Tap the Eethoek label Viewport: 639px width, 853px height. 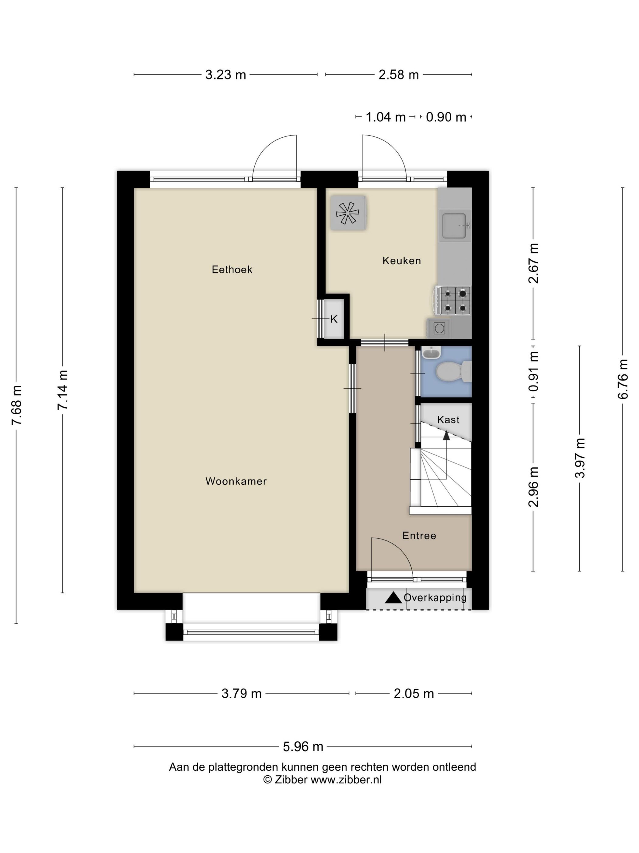click(x=232, y=269)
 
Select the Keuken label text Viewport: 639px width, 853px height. click(x=401, y=261)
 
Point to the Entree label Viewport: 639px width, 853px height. click(x=419, y=535)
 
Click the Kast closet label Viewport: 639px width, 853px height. click(x=448, y=419)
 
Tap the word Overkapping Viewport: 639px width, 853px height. click(x=435, y=598)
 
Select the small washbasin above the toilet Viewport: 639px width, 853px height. click(x=431, y=352)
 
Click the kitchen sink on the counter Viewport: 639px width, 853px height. click(x=455, y=226)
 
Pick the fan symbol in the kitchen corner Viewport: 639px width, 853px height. click(x=347, y=213)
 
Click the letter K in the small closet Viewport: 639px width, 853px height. click(x=334, y=319)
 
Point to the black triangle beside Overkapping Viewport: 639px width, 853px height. click(x=393, y=597)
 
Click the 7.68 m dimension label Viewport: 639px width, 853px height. click(x=16, y=405)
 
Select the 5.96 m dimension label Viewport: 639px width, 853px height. click(x=303, y=747)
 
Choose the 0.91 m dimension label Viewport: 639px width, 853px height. click(x=533, y=371)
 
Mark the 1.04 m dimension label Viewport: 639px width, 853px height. click(x=386, y=117)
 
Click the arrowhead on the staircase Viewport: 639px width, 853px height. click(x=446, y=435)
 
